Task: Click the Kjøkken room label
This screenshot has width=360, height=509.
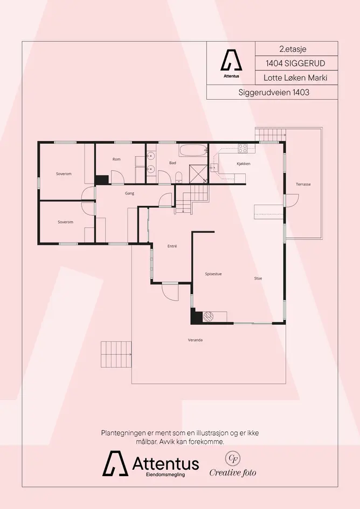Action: [244, 164]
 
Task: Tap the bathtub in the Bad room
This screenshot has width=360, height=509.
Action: [193, 150]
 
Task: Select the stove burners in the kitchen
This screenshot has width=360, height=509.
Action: [243, 148]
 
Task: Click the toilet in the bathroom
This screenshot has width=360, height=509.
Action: [178, 178]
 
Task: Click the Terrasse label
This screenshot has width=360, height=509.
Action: [303, 184]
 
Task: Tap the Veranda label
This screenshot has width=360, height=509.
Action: [195, 340]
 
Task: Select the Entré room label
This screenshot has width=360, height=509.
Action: [172, 246]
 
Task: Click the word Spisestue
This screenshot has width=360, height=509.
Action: [213, 274]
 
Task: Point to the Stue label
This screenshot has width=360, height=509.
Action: [258, 278]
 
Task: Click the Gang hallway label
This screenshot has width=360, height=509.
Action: [130, 193]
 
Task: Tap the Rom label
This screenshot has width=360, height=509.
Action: [116, 159]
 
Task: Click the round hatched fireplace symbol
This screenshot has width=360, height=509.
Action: [207, 316]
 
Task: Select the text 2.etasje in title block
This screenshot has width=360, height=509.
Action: [293, 50]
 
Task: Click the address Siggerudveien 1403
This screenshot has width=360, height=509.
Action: [274, 93]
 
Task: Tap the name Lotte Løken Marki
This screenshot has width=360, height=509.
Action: [295, 78]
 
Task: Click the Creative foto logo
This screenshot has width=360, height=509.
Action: [233, 464]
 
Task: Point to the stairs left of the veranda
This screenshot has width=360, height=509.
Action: [116, 354]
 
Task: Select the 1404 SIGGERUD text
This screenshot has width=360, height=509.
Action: [295, 64]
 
